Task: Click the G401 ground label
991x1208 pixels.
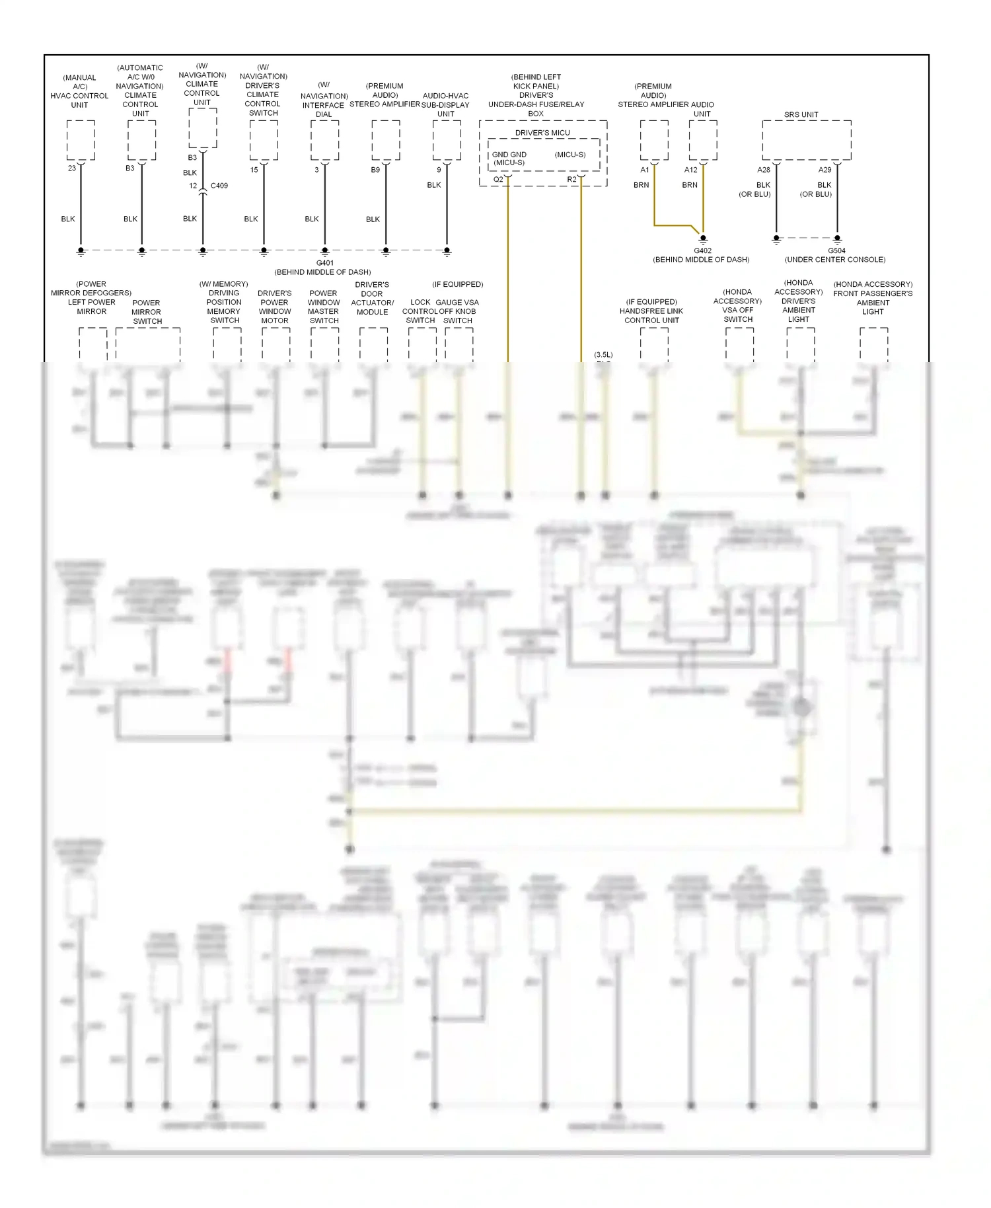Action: point(324,263)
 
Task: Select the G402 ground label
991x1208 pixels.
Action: point(702,250)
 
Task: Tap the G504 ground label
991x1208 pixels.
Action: point(836,250)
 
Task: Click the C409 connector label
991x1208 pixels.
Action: point(219,186)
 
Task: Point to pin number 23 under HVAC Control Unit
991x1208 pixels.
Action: point(72,169)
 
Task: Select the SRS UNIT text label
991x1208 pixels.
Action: point(801,114)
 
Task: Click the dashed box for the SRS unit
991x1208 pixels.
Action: point(806,140)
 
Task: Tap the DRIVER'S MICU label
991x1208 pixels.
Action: point(542,133)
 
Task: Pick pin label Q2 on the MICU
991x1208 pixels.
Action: point(498,180)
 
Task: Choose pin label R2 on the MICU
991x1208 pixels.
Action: point(571,180)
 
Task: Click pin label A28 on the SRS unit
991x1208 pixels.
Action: point(763,170)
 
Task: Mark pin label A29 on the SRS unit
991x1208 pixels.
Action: point(825,170)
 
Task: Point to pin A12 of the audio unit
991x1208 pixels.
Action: point(690,170)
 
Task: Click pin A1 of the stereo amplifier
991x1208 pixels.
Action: point(644,170)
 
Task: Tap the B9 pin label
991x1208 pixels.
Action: point(375,170)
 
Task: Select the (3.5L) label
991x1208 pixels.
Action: point(603,355)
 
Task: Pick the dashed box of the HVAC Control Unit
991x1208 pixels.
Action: point(81,140)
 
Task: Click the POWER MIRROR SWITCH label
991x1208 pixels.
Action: point(147,312)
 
